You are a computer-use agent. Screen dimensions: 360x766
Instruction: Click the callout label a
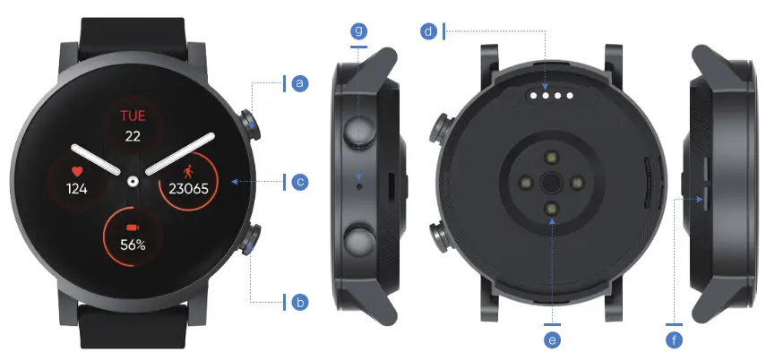(x=300, y=83)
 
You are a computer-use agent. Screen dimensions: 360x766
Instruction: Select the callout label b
(x=300, y=302)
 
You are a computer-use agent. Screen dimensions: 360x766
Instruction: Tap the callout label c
(x=300, y=182)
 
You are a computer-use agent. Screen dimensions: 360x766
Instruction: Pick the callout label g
(x=359, y=32)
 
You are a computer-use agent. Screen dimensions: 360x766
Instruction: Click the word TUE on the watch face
(x=133, y=116)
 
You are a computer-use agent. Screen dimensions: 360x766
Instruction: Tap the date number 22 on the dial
(x=133, y=136)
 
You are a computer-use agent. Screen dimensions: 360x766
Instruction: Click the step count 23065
(x=189, y=189)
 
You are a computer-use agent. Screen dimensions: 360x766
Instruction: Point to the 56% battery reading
(x=133, y=244)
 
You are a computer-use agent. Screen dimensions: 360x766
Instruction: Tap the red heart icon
(x=76, y=169)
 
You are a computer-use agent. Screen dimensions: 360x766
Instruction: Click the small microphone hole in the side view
(x=359, y=189)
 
